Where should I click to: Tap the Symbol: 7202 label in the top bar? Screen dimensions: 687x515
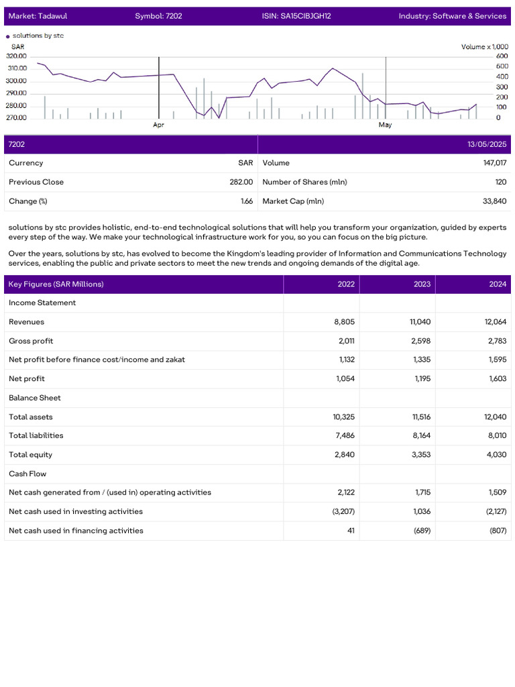click(158, 16)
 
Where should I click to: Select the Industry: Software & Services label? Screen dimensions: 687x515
click(452, 16)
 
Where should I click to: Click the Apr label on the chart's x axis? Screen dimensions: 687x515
click(158, 125)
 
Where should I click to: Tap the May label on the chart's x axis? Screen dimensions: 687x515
click(385, 125)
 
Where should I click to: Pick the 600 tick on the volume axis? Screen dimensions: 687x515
click(502, 56)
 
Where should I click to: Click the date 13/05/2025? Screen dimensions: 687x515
click(487, 144)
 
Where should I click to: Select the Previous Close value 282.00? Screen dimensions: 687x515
click(241, 182)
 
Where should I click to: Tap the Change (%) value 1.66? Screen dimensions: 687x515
click(247, 201)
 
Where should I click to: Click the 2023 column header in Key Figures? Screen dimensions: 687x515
click(422, 284)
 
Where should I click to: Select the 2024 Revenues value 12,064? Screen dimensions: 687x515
click(495, 322)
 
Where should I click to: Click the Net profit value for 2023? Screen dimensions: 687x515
click(420, 379)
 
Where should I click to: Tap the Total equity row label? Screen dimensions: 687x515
click(30, 455)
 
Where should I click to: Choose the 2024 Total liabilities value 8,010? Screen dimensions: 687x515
click(497, 435)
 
